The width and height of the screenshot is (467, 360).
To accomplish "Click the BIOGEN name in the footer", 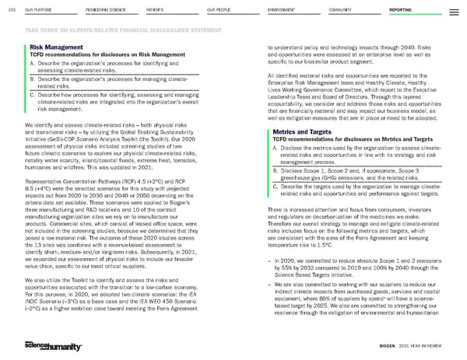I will (389, 346).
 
